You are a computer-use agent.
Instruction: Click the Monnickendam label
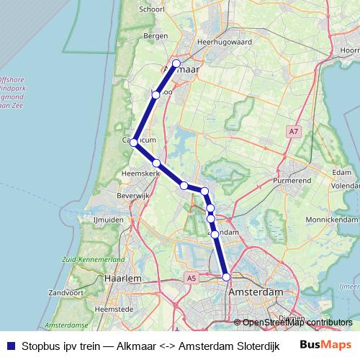pos(331,219)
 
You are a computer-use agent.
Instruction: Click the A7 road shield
pos(292,132)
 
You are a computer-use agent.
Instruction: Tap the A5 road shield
pos(190,277)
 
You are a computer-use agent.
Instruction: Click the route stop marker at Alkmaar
pos(176,63)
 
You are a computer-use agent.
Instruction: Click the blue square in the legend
pos(9,345)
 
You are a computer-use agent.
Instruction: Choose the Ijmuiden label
pos(109,219)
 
